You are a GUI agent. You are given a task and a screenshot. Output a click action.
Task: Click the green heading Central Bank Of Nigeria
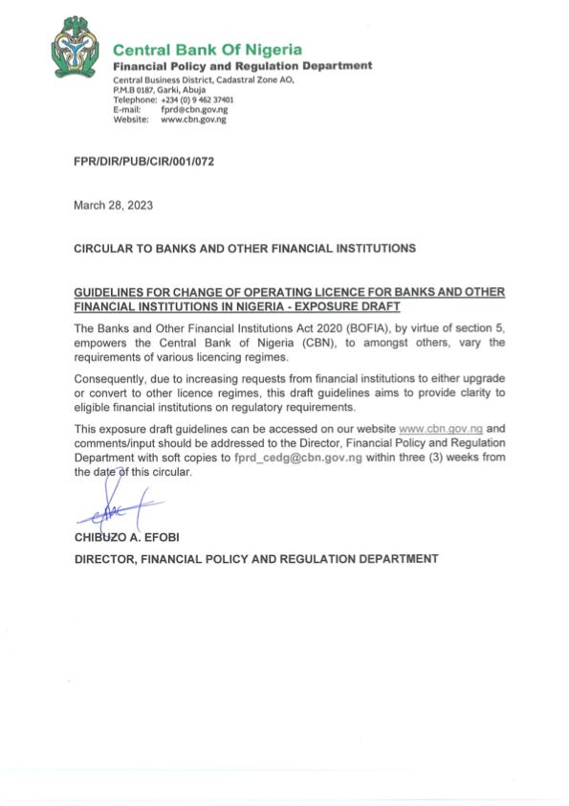tap(208, 49)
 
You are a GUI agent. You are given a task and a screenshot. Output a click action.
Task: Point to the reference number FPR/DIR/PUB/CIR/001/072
tap(143, 162)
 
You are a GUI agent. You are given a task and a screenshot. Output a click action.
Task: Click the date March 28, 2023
tap(113, 205)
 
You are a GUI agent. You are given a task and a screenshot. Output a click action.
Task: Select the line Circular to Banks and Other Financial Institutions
tap(245, 248)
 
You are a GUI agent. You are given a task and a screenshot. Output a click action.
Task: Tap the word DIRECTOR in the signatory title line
tap(105, 558)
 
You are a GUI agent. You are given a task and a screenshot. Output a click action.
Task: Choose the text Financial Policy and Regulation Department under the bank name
tap(242, 65)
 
